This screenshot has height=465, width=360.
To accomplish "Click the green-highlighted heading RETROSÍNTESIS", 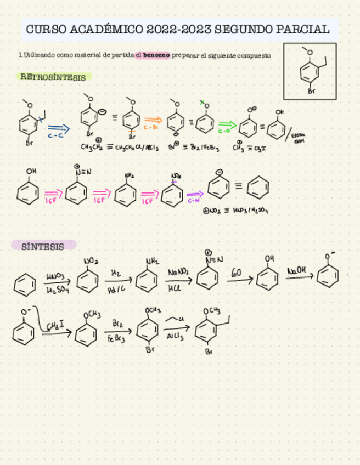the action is coord(53,77).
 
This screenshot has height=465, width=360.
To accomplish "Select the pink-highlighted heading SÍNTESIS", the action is coord(43,246).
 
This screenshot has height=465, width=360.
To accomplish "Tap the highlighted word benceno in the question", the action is coord(156,55).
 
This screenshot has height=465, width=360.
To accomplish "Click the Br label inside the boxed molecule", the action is coord(311,91).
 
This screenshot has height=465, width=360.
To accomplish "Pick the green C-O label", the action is coord(224,132).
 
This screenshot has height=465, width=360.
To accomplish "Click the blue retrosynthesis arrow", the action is coord(58,128).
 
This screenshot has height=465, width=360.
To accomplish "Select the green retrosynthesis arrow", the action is coord(227,124).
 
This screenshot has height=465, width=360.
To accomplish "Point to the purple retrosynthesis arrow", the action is coord(195,194).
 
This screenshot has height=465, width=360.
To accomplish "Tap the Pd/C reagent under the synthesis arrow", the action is coord(116,288).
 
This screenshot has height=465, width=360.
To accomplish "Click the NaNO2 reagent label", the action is coord(178,272).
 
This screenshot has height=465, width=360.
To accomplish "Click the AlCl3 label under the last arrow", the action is coord(173,338).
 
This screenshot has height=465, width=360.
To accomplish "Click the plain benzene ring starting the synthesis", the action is coord(24,285).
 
